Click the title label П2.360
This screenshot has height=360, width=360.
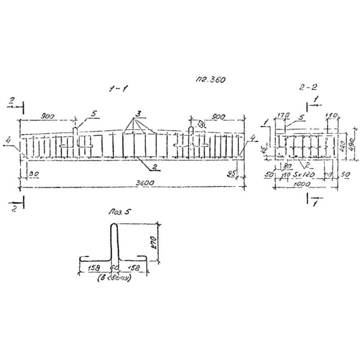[210, 79]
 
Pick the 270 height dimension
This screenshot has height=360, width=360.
[153, 243]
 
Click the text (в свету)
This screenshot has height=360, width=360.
[114, 278]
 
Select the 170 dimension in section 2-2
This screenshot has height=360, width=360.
[283, 116]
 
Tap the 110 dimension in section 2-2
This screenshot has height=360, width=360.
[332, 116]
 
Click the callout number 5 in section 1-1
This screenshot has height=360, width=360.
[94, 114]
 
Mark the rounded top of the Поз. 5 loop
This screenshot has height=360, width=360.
[114, 226]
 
